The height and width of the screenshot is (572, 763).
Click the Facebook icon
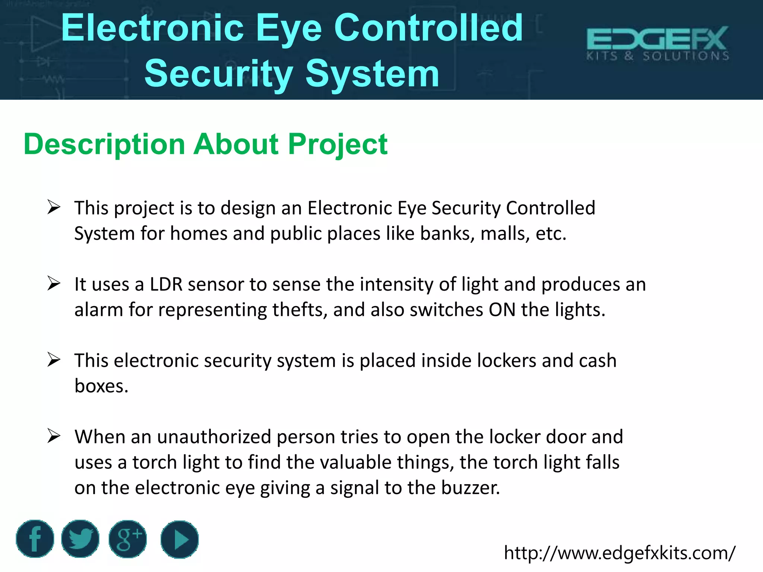click(x=35, y=538)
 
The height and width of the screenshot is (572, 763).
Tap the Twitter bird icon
click(x=80, y=538)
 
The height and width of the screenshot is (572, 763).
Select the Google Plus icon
click(x=128, y=538)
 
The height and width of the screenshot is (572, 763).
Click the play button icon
click(x=180, y=539)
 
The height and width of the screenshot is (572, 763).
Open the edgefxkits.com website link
click(x=619, y=553)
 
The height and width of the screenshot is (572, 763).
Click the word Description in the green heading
click(x=104, y=144)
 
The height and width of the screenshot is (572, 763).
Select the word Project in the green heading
click(x=338, y=144)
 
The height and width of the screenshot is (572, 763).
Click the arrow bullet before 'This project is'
click(x=54, y=207)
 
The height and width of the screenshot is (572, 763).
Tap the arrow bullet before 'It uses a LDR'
click(x=54, y=284)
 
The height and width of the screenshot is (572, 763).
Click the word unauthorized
click(x=214, y=437)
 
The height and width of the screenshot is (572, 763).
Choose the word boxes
click(x=101, y=386)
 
